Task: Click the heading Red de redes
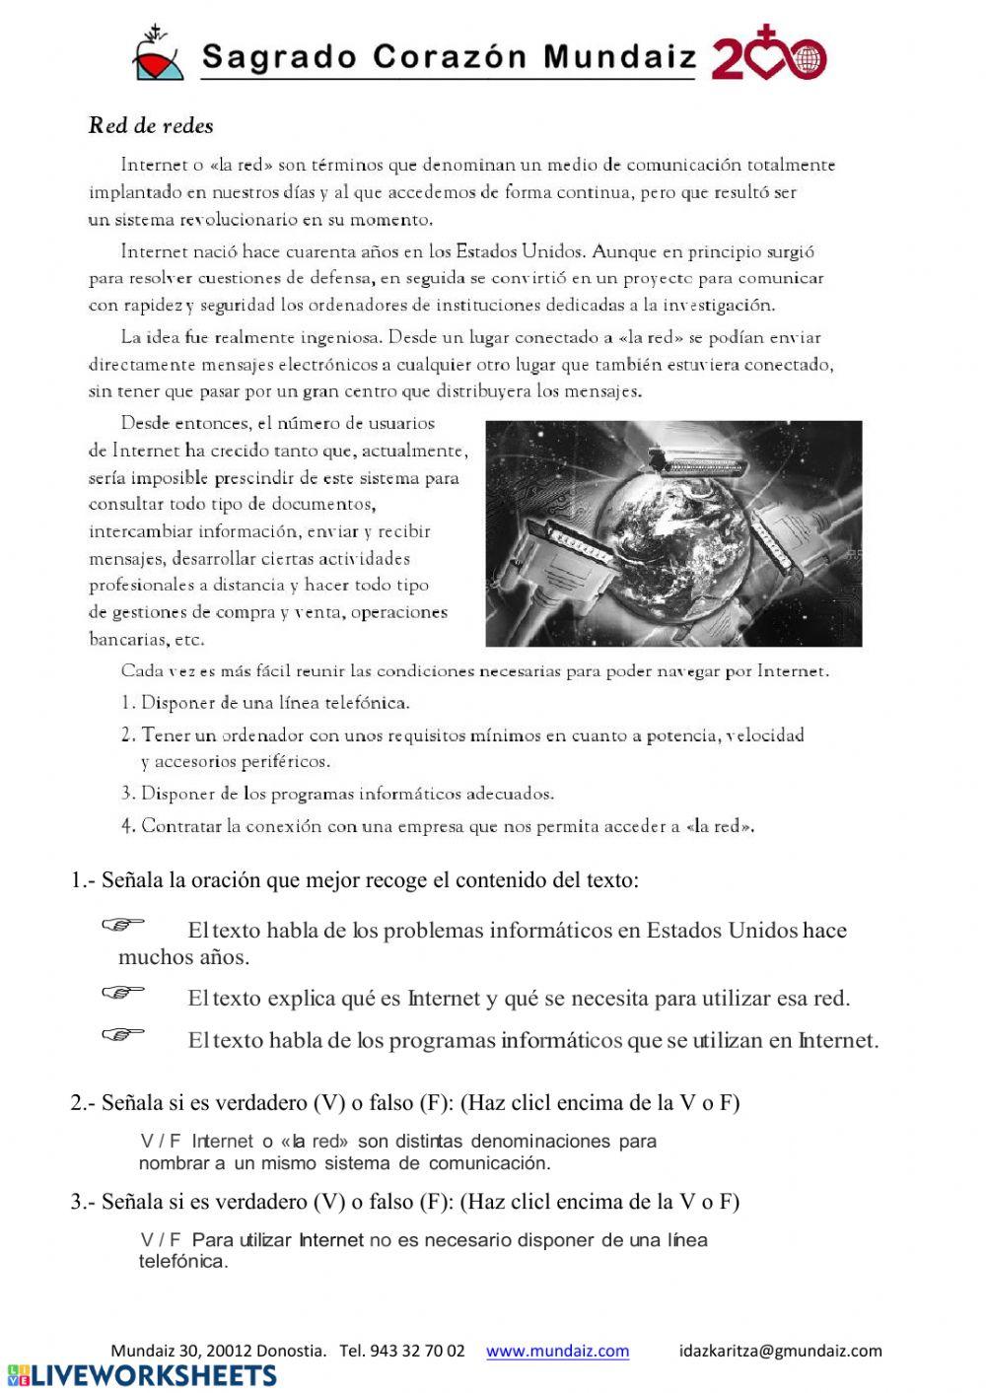point(151,125)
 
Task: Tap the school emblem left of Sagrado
point(158,55)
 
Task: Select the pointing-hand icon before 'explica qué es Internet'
point(122,991)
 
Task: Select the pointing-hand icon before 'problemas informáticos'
point(122,924)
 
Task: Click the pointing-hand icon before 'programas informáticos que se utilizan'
point(122,1033)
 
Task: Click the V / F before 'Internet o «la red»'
point(161,1142)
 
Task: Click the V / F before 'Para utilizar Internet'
point(161,1240)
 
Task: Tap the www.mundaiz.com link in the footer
point(557,1351)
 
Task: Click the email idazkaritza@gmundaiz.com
point(780,1351)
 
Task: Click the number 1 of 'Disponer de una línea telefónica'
point(126,703)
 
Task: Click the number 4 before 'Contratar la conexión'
point(127,826)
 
